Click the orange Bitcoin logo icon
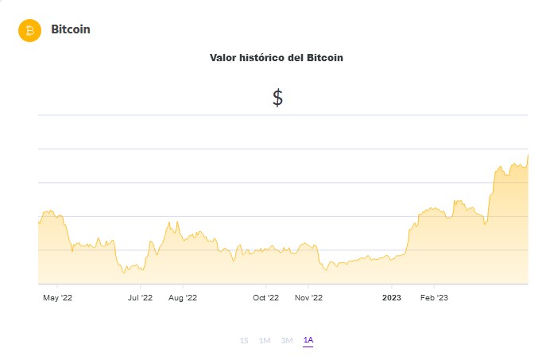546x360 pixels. (x=29, y=30)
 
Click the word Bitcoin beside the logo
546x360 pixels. (x=71, y=29)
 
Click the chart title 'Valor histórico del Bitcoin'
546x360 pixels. (x=276, y=58)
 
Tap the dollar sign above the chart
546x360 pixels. (x=277, y=98)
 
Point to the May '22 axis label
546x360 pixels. (x=57, y=298)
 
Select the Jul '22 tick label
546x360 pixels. (x=140, y=298)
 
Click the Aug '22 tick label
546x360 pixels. (x=183, y=298)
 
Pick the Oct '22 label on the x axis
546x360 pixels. (x=265, y=298)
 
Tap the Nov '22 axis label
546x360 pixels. (x=308, y=298)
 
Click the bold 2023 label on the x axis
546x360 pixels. (x=391, y=298)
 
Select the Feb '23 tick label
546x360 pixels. (x=434, y=298)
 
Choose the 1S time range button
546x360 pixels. (x=244, y=340)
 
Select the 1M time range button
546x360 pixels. (x=265, y=340)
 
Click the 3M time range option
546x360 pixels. (x=287, y=340)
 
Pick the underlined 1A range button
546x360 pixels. (x=308, y=340)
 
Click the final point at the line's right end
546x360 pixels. (x=529, y=155)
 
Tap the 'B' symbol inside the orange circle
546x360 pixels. (x=29, y=30)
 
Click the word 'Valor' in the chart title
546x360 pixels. (x=223, y=58)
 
